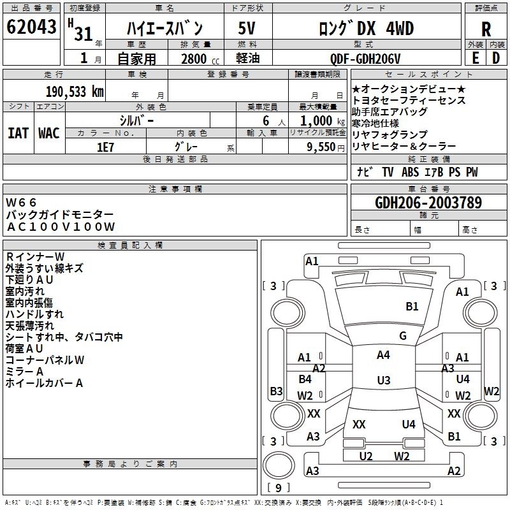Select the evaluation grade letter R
[486, 29]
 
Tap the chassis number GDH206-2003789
[428, 203]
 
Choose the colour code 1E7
[105, 146]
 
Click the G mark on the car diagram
[403, 335]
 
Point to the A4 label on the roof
[383, 355]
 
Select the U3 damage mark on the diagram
[383, 380]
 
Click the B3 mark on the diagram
[276, 391]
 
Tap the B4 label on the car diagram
[305, 379]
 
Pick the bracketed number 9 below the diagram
[278, 488]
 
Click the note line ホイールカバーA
[44, 383]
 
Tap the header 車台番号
[428, 189]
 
